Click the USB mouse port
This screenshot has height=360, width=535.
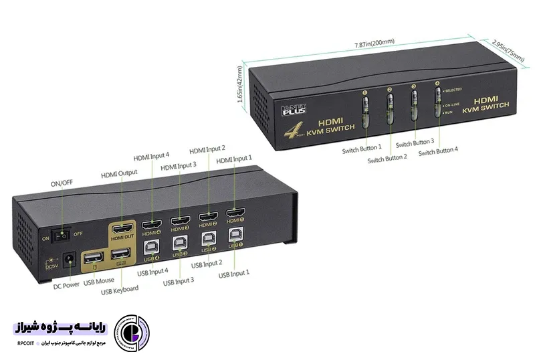tap(93, 258)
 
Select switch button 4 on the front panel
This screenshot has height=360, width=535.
tap(438, 105)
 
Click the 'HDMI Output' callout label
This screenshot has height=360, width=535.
tap(119, 173)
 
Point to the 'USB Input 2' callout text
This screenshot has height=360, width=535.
tap(207, 264)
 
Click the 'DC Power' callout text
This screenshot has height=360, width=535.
tap(66, 284)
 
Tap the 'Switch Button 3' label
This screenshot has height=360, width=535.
tap(415, 143)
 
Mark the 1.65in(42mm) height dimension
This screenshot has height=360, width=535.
tap(240, 84)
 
